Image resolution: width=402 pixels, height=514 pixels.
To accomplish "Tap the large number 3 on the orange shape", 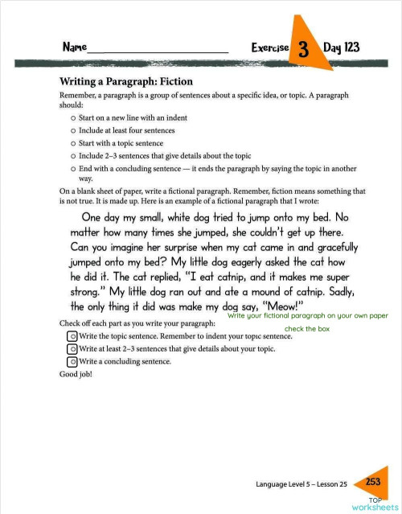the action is [304, 49].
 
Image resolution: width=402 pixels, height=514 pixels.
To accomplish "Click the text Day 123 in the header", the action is [341, 47].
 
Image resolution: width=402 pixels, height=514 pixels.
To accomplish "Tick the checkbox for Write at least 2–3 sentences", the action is [73, 348].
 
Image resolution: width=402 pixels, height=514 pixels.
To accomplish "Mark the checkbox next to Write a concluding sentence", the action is [73, 362].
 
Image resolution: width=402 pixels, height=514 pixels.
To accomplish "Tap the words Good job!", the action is [76, 374].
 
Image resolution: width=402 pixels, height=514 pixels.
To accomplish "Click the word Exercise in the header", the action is [270, 48].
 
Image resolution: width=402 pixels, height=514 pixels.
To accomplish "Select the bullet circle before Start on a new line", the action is [73, 117].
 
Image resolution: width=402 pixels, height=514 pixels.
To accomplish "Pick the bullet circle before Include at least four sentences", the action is [73, 130].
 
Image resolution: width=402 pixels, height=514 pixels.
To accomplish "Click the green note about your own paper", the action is [308, 317].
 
